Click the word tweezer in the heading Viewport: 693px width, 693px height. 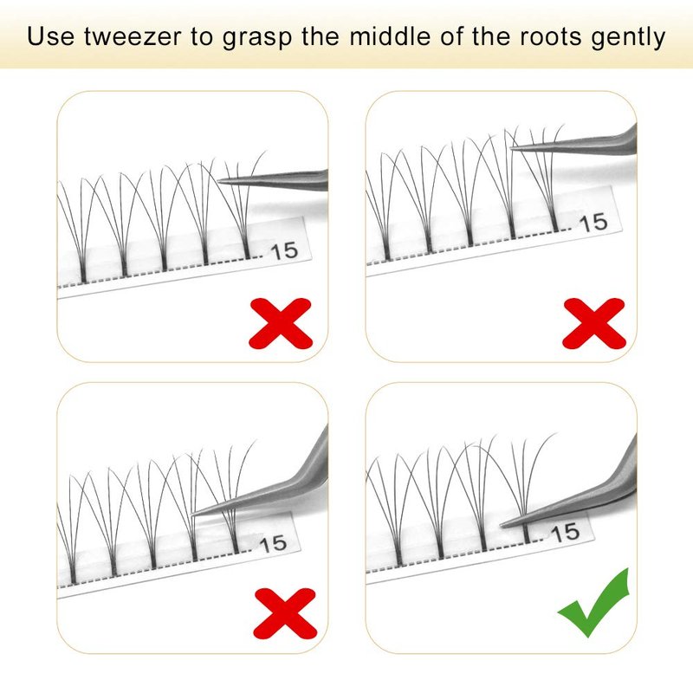click(x=133, y=36)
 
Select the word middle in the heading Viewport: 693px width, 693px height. click(x=390, y=36)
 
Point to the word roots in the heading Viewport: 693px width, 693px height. click(x=550, y=36)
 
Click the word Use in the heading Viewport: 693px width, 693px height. click(x=51, y=36)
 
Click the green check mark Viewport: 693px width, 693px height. click(x=593, y=603)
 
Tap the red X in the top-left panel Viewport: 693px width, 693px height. click(x=281, y=323)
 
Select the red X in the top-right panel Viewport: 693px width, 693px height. click(x=594, y=323)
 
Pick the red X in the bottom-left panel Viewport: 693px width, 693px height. click(x=285, y=613)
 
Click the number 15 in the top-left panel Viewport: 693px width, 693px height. click(x=284, y=251)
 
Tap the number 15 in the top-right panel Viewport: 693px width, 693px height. click(x=593, y=223)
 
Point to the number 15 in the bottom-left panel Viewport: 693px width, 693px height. click(x=273, y=544)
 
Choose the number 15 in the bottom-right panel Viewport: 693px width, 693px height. click(x=566, y=532)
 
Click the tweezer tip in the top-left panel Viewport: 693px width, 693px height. click(x=218, y=180)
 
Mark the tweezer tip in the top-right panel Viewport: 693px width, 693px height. click(x=512, y=148)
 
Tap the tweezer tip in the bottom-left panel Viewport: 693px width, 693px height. click(x=192, y=515)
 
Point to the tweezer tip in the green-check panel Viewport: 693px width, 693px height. click(x=502, y=526)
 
